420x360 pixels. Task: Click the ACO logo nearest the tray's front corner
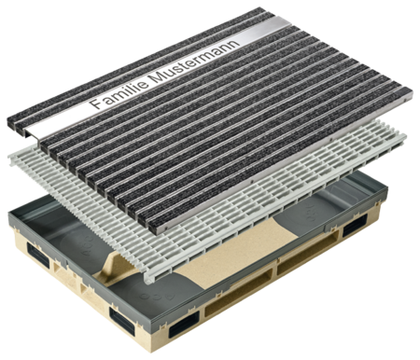tap(157, 297)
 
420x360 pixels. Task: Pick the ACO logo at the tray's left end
tap(88, 245)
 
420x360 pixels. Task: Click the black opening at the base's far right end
tap(355, 226)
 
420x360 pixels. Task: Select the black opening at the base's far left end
tap(38, 255)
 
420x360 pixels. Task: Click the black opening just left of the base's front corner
tap(122, 321)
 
